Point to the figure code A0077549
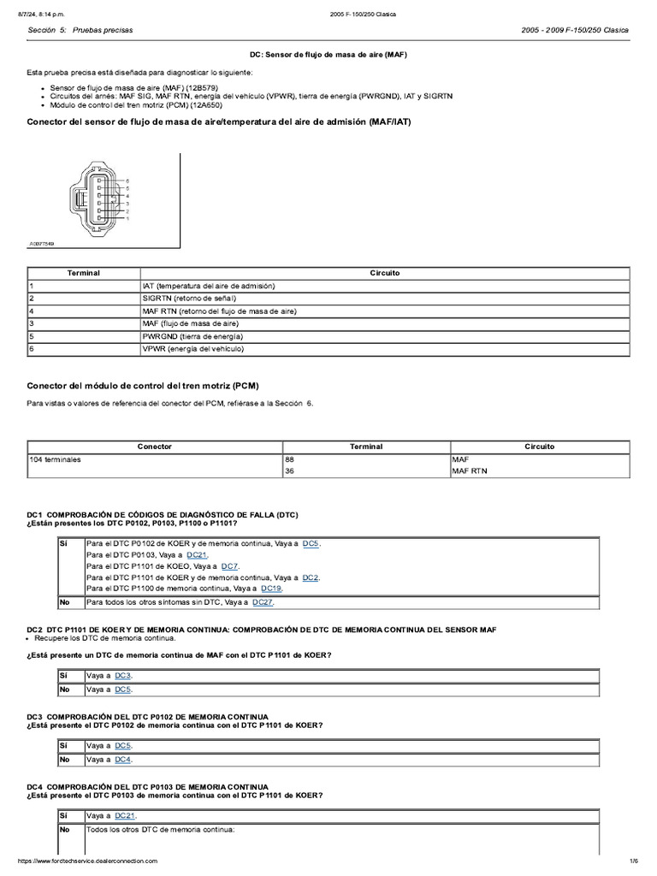tap(42, 244)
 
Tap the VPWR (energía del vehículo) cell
tap(192, 349)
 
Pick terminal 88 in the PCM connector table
tap(291, 459)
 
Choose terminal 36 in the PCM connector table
tap(291, 471)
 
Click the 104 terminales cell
tap(55, 459)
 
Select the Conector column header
tap(155, 447)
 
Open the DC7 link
tap(229, 566)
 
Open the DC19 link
tap(271, 589)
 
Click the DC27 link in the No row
tap(263, 602)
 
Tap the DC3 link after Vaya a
tap(123, 676)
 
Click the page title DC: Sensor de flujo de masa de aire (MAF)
tap(328, 54)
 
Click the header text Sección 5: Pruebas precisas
tap(80, 30)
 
